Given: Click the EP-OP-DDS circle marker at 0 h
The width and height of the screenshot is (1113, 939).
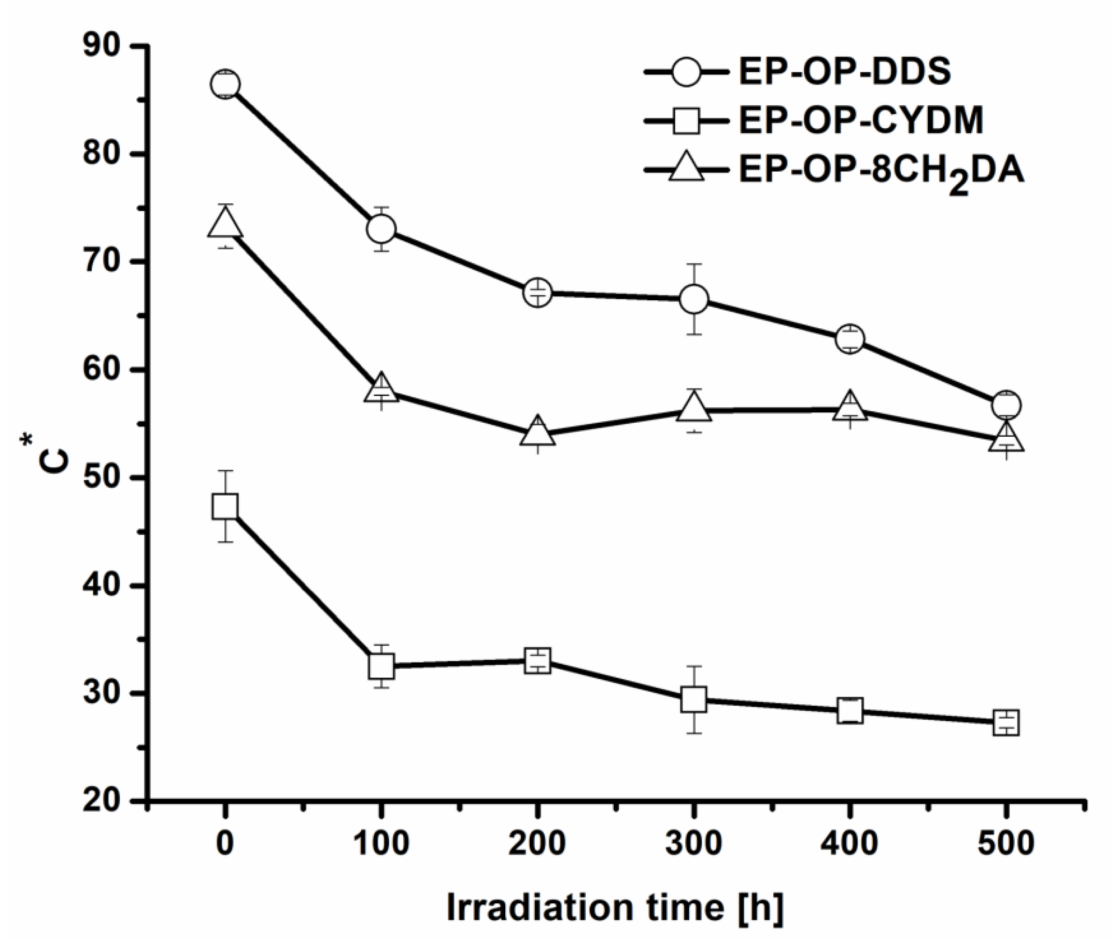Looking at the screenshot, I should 225,84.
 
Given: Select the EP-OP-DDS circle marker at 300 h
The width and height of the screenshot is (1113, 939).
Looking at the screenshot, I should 693,299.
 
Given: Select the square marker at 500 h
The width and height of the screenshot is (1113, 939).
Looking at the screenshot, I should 1006,722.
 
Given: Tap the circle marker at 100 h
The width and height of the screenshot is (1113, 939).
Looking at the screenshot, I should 381,229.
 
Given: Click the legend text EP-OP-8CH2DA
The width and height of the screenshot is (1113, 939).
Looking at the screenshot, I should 881,172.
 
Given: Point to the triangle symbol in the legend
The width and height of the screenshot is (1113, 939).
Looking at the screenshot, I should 686,168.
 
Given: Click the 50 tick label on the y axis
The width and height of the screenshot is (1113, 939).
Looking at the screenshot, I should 105,477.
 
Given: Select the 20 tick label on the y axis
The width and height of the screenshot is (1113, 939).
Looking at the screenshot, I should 105,801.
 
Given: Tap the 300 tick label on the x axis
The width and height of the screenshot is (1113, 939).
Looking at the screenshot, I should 693,844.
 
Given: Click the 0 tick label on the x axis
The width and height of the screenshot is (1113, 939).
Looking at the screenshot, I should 225,844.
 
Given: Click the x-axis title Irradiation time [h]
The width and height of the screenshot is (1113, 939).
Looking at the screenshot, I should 615,908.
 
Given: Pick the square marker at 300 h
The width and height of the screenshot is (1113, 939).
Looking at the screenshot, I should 693,700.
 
